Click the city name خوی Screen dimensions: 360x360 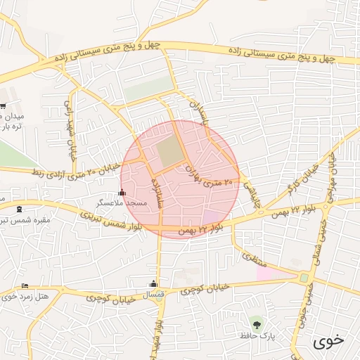pyautogui.click(x=328, y=341)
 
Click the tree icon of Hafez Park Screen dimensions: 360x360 pyautogui.click(x=256, y=325)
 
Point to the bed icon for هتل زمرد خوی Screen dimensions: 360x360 pyautogui.click(x=25, y=286)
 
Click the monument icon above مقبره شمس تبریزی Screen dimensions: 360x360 pyautogui.click(x=18, y=210)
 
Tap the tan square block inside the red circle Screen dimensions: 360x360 pyautogui.click(x=168, y=153)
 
